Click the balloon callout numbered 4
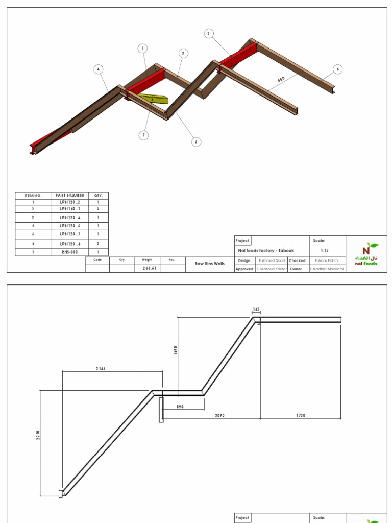[99, 69]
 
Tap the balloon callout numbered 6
[337, 69]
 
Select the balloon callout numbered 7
[144, 135]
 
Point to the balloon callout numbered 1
[143, 49]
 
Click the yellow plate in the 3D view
[153, 98]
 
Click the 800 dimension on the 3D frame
[281, 80]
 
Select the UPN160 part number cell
[70, 209]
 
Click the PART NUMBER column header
[70, 195]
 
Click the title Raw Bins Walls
[210, 264]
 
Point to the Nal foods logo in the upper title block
[366, 254]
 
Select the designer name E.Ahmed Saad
[272, 260]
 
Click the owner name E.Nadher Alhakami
[327, 269]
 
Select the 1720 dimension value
[300, 415]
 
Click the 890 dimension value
[179, 407]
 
